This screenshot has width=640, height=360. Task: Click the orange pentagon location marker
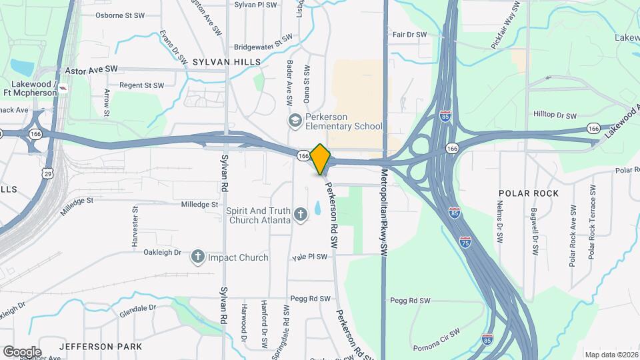click(x=321, y=159)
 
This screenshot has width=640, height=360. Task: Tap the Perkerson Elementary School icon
click(x=295, y=121)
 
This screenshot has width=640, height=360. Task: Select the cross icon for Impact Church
click(x=197, y=257)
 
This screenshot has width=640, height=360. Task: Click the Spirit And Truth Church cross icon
click(x=301, y=214)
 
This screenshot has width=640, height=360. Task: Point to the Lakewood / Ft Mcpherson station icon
click(x=63, y=87)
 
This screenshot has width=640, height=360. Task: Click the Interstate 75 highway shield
click(x=465, y=242)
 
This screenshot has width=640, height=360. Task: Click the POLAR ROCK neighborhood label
click(x=524, y=193)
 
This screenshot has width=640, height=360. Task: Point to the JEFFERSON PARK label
click(x=100, y=347)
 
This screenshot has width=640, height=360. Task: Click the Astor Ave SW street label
click(x=91, y=69)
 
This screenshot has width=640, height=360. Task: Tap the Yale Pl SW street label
click(x=310, y=257)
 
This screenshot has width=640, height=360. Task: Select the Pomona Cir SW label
click(x=436, y=338)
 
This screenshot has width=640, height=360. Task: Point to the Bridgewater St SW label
click(x=263, y=47)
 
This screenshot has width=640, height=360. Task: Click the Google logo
click(x=22, y=351)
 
